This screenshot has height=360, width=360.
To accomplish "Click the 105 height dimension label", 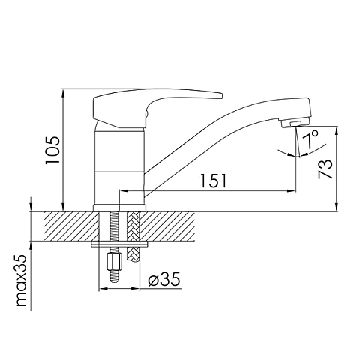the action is (x=52, y=150).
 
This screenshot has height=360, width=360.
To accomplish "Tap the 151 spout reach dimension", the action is (x=214, y=181).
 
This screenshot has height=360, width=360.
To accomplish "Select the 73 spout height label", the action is (x=325, y=169).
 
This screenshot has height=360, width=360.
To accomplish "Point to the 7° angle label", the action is (x=310, y=139).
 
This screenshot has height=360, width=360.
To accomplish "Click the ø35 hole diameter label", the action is (x=164, y=279).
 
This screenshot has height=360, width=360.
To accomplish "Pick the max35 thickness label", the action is (x=22, y=280).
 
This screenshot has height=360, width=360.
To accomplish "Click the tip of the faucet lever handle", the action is (x=221, y=96).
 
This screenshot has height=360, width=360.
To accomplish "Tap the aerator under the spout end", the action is (x=295, y=124).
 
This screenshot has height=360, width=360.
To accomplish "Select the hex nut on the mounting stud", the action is (x=114, y=262).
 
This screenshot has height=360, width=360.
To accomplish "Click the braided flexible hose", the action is (x=133, y=236).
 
